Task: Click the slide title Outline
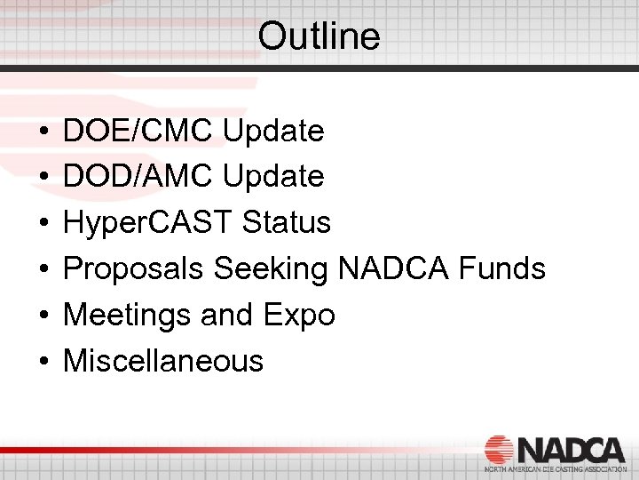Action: pyautogui.click(x=319, y=37)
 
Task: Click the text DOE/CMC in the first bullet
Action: pyautogui.click(x=138, y=132)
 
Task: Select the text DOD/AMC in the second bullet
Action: pyautogui.click(x=138, y=177)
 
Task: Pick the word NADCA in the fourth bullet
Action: pyautogui.click(x=400, y=268)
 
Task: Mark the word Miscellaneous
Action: pyautogui.click(x=163, y=361)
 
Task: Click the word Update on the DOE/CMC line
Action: pyautogui.click(x=273, y=132)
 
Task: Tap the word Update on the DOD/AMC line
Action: pyautogui.click(x=273, y=177)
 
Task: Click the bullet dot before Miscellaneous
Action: pyautogui.click(x=43, y=362)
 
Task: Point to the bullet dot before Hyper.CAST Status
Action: pyautogui.click(x=43, y=224)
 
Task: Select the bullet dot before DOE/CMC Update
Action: pyautogui.click(x=43, y=132)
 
